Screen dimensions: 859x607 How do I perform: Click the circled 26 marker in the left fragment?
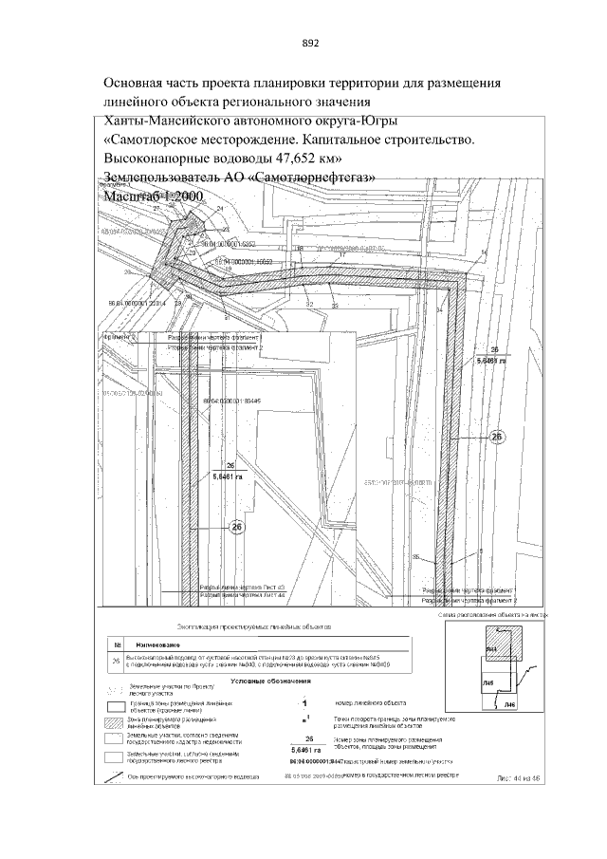coord(238,527)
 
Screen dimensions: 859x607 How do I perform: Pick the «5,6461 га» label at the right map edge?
coord(493,362)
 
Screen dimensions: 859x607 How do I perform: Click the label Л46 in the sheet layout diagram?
coord(509,705)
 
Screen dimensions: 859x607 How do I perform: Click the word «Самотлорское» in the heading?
coord(160,140)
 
